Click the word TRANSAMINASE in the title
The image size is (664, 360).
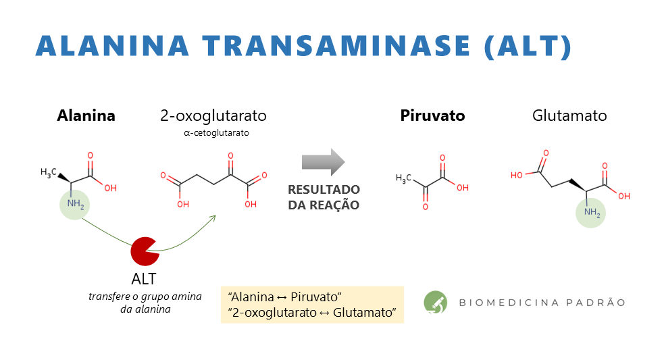tap(336, 46)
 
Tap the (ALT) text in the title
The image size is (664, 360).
tap(528, 47)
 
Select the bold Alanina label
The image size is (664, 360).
tap(86, 115)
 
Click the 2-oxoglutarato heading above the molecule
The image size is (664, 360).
tap(213, 115)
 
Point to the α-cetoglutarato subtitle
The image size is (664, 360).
tap(216, 133)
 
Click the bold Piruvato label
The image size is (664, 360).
tap(432, 115)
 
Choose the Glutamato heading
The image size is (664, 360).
tap(569, 115)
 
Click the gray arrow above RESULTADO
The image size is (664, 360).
tap(324, 162)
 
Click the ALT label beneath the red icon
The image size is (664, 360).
tap(144, 279)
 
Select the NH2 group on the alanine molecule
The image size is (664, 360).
tap(76, 204)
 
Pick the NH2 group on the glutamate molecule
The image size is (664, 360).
tap(592, 213)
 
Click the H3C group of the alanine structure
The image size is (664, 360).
tap(48, 172)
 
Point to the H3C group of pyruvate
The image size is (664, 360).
tap(403, 179)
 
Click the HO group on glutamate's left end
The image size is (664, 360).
tap(517, 176)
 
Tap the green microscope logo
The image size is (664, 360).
tap(435, 303)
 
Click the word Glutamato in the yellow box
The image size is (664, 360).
tap(364, 313)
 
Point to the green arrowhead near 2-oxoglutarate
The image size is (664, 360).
tap(213, 217)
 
